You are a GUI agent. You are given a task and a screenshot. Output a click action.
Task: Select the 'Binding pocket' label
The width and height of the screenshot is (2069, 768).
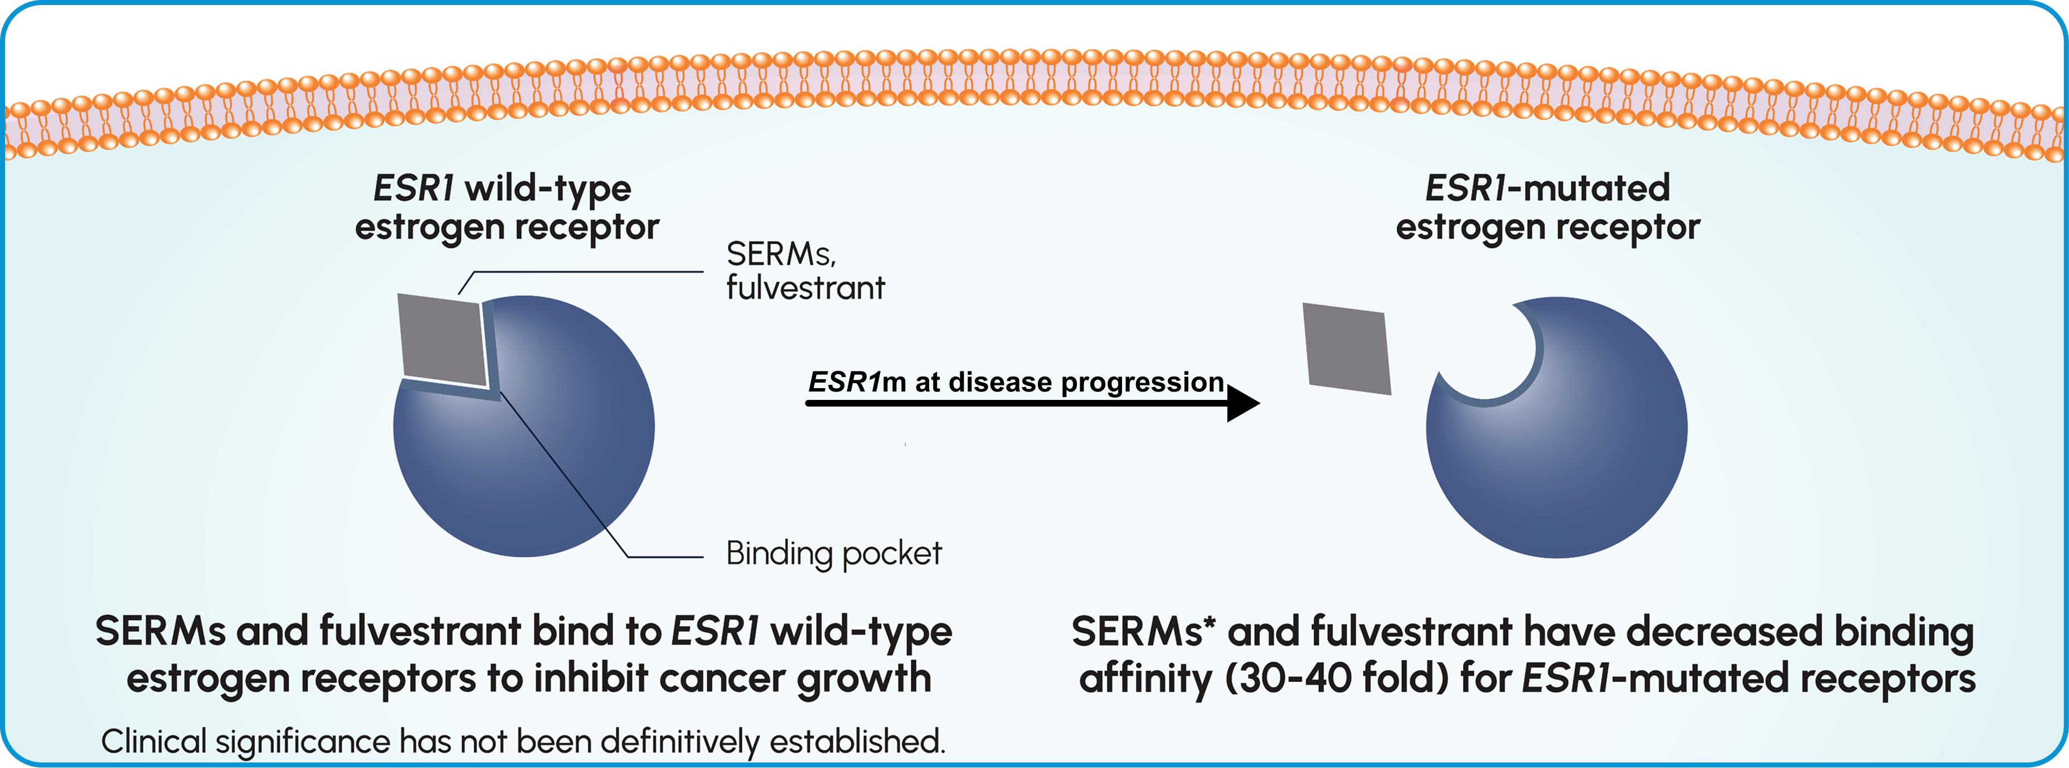[x=833, y=553]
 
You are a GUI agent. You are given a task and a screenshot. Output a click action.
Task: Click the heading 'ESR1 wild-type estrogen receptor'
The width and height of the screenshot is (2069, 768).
[x=506, y=207]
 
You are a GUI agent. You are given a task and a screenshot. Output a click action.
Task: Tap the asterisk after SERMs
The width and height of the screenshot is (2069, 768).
[x=1209, y=622]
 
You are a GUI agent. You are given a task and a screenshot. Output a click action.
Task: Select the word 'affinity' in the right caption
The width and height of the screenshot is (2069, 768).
[x=1144, y=679]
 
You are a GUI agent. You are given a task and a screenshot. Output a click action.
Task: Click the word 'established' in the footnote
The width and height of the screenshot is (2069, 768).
[x=856, y=741]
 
